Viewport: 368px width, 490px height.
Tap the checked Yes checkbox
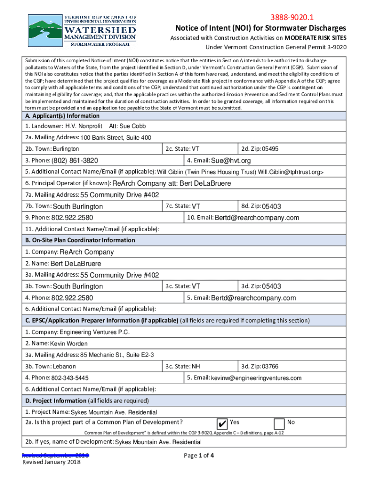tap(222, 423)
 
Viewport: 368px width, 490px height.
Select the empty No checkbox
tap(279, 423)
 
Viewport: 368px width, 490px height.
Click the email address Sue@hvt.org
tap(231, 160)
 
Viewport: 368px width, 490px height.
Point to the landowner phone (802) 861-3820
tap(75, 160)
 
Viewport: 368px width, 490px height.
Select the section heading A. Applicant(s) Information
tap(63, 116)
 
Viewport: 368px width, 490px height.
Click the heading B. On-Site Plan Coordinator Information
tap(80, 240)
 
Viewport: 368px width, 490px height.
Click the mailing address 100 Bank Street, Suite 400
tap(116, 138)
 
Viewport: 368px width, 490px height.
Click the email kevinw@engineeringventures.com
tap(256, 378)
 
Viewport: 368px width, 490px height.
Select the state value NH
tap(195, 367)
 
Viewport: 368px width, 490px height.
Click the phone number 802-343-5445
tap(70, 378)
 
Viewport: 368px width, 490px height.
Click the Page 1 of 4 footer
tap(199, 456)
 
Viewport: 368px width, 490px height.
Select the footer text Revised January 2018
tap(52, 462)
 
